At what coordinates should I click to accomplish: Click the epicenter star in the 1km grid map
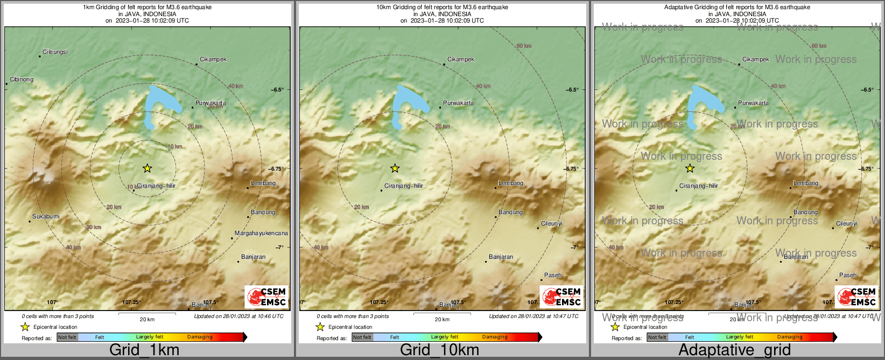pyautogui.click(x=147, y=168)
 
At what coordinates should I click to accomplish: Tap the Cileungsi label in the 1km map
pyautogui.click(x=55, y=52)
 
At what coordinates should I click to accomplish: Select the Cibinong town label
pyautogui.click(x=22, y=80)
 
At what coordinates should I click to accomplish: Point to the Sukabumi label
pyautogui.click(x=46, y=217)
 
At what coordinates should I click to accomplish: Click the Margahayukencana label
pyautogui.click(x=261, y=234)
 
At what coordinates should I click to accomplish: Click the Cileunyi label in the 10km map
pyautogui.click(x=552, y=223)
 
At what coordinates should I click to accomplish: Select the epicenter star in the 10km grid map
pyautogui.click(x=395, y=168)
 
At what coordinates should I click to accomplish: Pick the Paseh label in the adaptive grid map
pyautogui.click(x=848, y=275)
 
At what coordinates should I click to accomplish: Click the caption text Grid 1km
pyautogui.click(x=144, y=350)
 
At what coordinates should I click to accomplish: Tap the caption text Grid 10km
pyautogui.click(x=439, y=350)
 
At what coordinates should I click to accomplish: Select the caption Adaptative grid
pyautogui.click(x=734, y=350)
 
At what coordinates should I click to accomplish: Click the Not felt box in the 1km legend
pyautogui.click(x=67, y=337)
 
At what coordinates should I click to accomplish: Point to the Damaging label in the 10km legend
pyautogui.click(x=495, y=337)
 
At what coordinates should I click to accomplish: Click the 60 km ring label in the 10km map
pyautogui.click(x=524, y=46)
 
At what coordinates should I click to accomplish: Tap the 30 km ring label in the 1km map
pyautogui.click(x=94, y=227)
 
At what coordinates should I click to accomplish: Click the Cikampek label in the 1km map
pyautogui.click(x=213, y=60)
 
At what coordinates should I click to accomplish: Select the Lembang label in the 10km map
pyautogui.click(x=511, y=183)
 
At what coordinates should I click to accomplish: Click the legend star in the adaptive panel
pyautogui.click(x=615, y=327)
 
